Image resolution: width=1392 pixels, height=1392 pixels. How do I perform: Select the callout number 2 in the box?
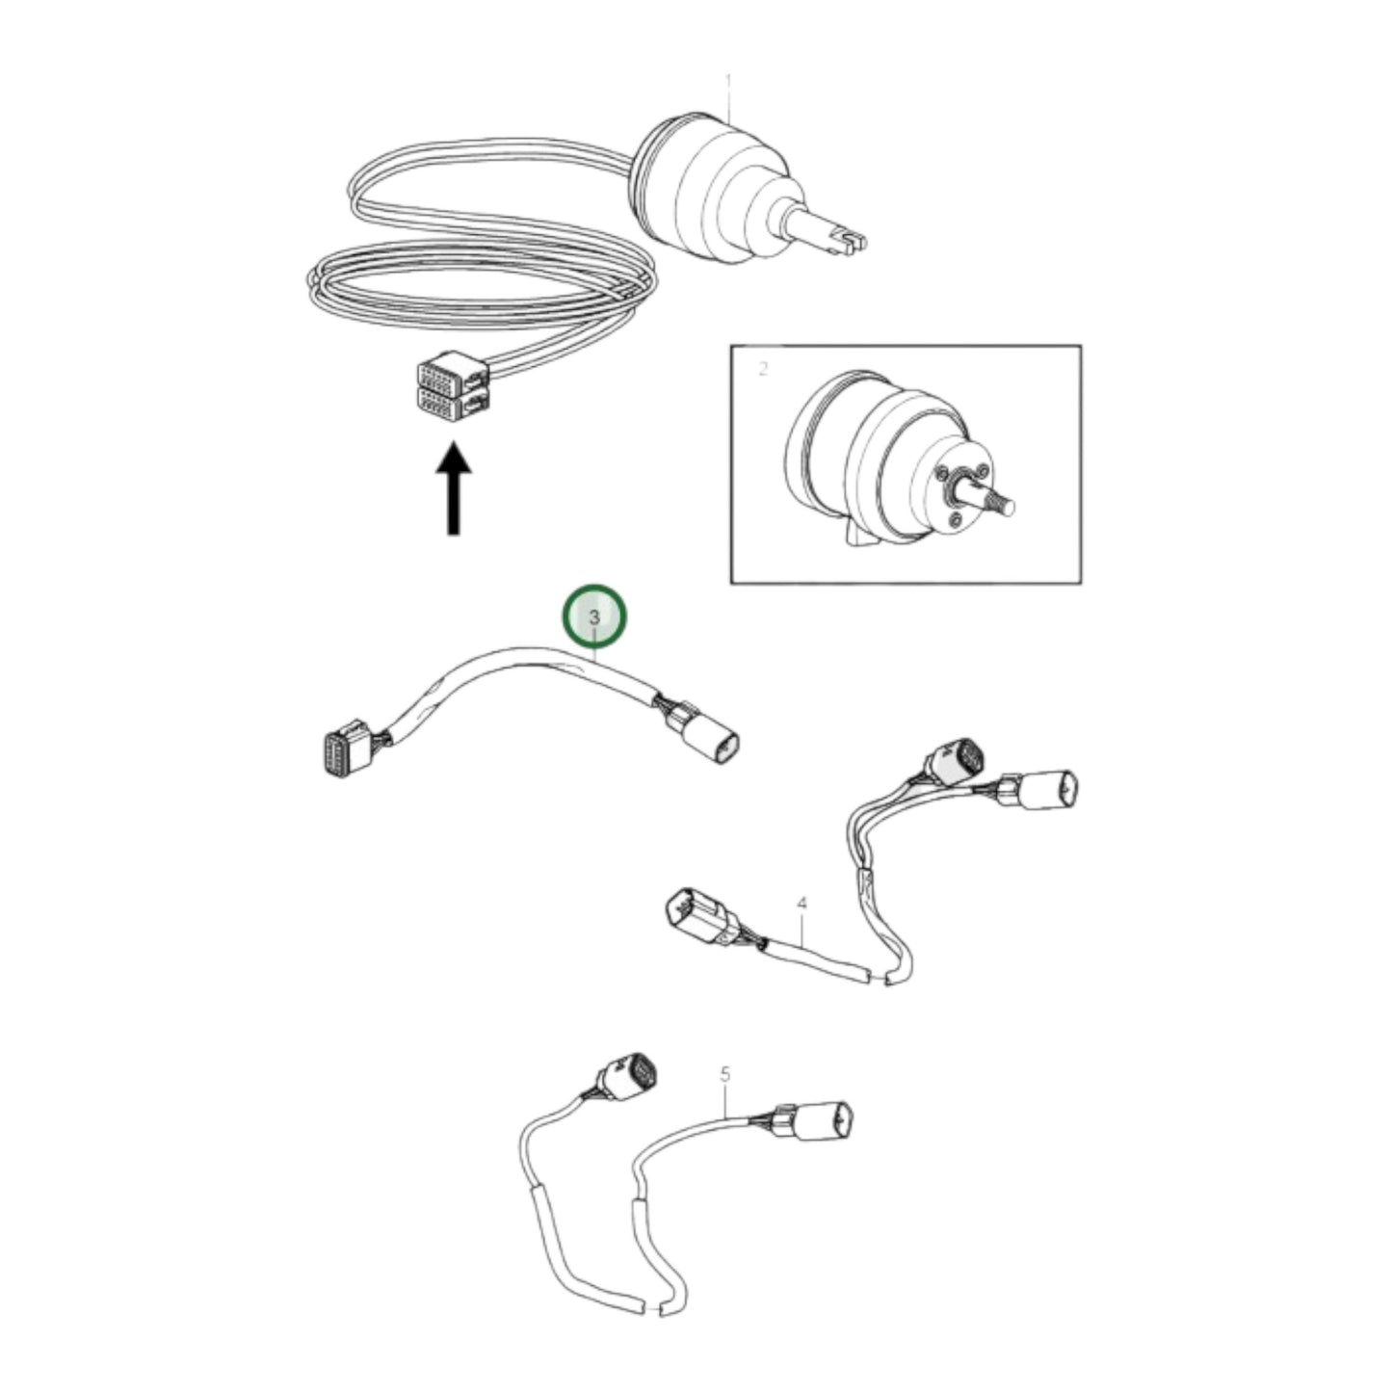pos(763,369)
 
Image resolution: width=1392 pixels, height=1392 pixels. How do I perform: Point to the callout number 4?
pos(801,904)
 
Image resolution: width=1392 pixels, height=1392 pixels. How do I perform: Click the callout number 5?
pos(725,1073)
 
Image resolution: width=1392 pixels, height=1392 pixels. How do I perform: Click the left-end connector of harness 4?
pos(696,916)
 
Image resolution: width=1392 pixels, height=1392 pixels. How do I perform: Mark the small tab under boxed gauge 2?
pos(855,534)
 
